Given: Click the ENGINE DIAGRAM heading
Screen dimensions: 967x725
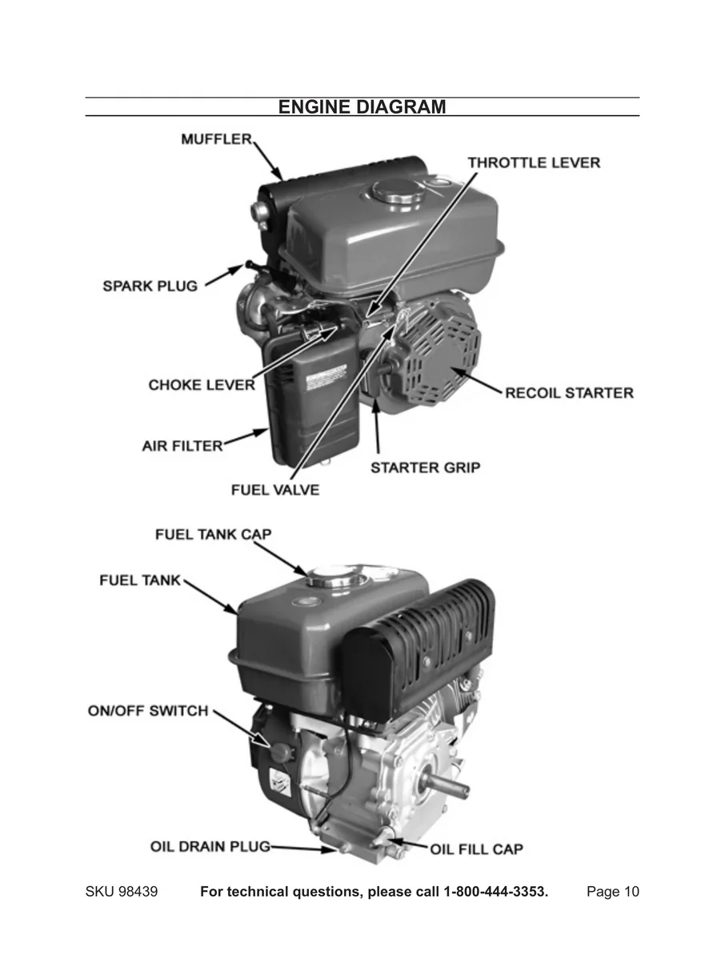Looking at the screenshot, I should click(362, 107).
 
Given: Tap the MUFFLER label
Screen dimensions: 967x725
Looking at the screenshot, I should click(216, 139).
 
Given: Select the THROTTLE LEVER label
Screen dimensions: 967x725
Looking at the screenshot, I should click(534, 163).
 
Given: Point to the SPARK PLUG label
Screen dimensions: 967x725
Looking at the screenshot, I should click(150, 286).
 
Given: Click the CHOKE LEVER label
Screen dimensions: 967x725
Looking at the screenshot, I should click(202, 385).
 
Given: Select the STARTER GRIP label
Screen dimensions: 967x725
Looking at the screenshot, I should click(425, 467).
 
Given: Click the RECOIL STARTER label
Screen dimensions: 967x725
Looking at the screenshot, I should click(569, 393).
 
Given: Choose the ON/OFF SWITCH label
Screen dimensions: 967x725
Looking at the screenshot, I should click(148, 711).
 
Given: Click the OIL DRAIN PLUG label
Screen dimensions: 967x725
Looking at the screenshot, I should click(210, 846).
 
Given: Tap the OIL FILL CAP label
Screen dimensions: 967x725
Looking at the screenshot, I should click(477, 849).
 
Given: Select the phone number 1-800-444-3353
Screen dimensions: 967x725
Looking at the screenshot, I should click(495, 893).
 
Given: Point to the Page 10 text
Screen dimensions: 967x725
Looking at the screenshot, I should click(613, 893).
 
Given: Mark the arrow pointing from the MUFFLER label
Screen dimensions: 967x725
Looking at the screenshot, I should click(268, 158).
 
